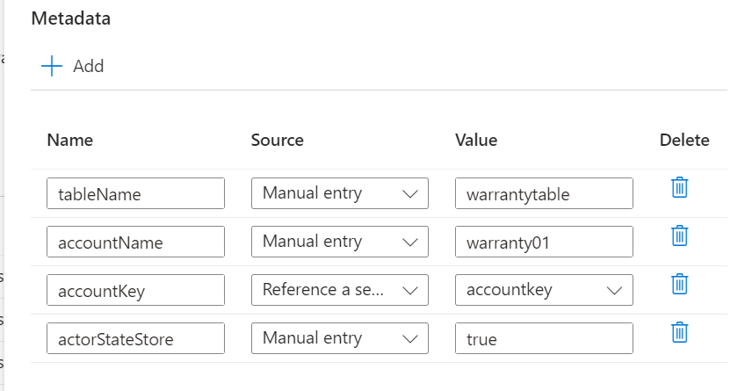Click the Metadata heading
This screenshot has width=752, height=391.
[71, 18]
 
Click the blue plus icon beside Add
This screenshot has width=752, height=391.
[52, 66]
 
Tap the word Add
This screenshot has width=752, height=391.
[88, 66]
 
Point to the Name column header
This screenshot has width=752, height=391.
[70, 140]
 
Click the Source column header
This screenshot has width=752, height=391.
[278, 140]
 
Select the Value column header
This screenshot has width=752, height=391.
[476, 140]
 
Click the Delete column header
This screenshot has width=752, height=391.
[684, 140]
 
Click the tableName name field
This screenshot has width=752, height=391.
[135, 194]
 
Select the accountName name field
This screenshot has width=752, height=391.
[135, 242]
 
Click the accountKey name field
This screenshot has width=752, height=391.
[135, 290]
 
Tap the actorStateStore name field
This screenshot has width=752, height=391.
[135, 338]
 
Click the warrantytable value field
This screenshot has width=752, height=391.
[544, 194]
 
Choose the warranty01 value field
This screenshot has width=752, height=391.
[544, 242]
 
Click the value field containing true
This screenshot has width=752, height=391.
[544, 338]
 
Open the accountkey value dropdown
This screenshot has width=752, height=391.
[544, 290]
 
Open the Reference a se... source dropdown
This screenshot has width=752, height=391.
[340, 290]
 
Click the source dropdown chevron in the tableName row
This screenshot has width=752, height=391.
[410, 194]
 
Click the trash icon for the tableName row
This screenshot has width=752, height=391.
[680, 187]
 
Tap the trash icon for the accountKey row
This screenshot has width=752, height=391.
[680, 284]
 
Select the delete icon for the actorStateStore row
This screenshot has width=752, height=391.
[680, 332]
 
